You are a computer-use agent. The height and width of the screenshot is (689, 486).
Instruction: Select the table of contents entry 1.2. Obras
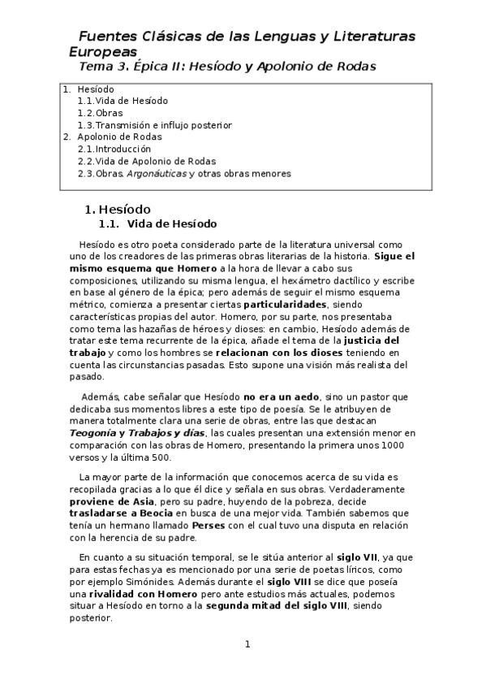click(x=98, y=113)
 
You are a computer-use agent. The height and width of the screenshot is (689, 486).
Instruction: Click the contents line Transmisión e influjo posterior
click(x=163, y=125)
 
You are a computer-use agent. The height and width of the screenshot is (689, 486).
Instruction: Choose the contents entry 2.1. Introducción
click(x=114, y=149)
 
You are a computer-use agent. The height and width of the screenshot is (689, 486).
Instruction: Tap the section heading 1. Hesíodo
click(x=123, y=209)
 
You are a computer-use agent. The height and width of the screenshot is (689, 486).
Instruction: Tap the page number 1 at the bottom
click(x=247, y=644)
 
